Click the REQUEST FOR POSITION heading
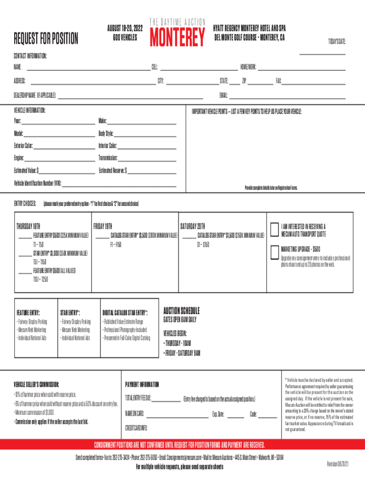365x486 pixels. (x=46, y=39)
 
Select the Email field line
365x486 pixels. (x=287, y=97)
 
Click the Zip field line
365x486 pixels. (x=260, y=83)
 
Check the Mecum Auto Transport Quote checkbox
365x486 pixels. (x=274, y=229)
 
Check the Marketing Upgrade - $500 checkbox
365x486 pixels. (x=274, y=252)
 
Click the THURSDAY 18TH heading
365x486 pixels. (x=28, y=226)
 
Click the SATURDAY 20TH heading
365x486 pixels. (x=192, y=226)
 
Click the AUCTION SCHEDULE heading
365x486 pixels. (x=182, y=311)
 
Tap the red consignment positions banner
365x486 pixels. (x=182, y=445)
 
